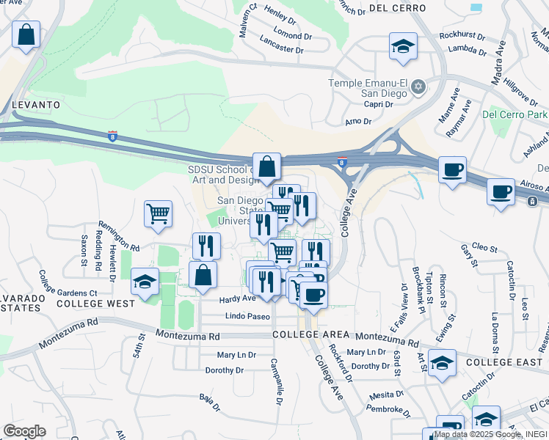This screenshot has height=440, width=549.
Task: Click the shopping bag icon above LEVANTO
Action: tap(26, 34)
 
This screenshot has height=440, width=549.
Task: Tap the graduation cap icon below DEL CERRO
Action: tap(403, 47)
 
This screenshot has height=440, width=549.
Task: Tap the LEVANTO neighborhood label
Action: tap(35, 105)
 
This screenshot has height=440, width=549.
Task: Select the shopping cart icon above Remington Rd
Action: tap(158, 214)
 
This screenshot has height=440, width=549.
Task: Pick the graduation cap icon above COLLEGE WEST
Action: tap(145, 282)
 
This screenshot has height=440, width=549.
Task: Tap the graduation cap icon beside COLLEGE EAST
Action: tap(442, 363)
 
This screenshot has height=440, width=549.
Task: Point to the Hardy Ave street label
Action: tap(238, 298)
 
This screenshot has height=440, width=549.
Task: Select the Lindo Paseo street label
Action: tap(248, 315)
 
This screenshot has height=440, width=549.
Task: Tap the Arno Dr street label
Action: tap(359, 122)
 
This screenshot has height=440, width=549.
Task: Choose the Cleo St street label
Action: tap(485, 248)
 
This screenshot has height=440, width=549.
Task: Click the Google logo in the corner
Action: tap(24, 431)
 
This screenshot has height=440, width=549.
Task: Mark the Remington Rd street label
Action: tap(114, 248)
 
